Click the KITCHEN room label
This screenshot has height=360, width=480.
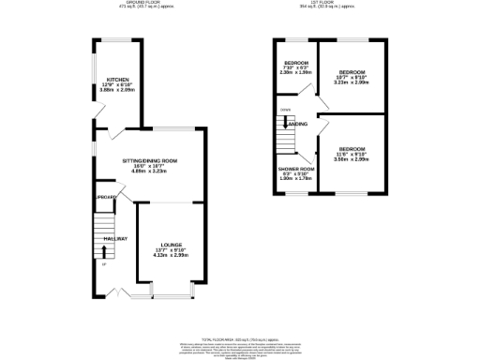click(x=117, y=79)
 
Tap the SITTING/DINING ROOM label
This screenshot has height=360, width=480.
click(x=151, y=160)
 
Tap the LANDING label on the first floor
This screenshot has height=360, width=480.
click(x=297, y=124)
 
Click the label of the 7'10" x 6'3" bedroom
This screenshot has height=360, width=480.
click(x=295, y=65)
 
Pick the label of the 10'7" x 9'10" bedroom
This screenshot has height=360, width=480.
click(x=352, y=71)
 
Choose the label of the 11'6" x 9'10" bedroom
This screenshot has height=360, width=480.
click(x=352, y=150)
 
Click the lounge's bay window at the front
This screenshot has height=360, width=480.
click(x=170, y=296)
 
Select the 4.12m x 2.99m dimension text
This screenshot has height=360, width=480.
click(x=170, y=256)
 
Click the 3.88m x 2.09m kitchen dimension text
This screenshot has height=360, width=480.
click(x=117, y=91)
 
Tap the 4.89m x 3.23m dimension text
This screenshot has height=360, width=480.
click(x=151, y=172)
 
